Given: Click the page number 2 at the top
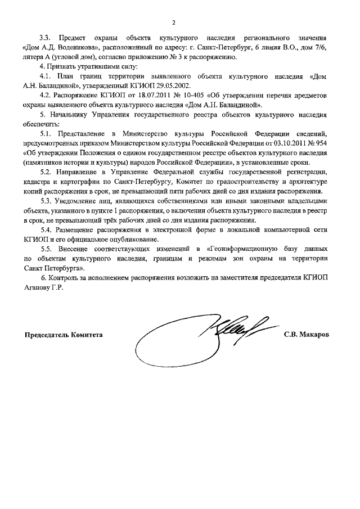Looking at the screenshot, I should (x=174, y=22).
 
